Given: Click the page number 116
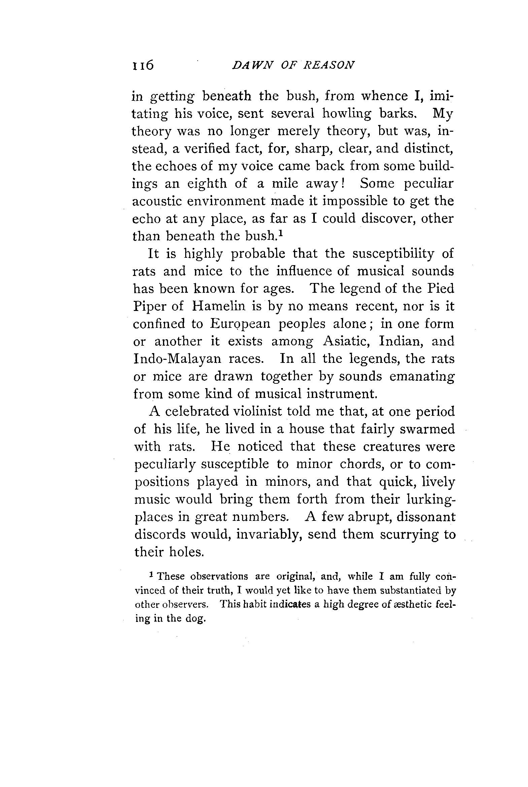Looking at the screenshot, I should (143, 64).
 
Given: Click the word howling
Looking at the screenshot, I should (347, 114).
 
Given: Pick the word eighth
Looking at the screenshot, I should (207, 184).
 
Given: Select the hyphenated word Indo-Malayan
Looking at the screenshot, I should (177, 359).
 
